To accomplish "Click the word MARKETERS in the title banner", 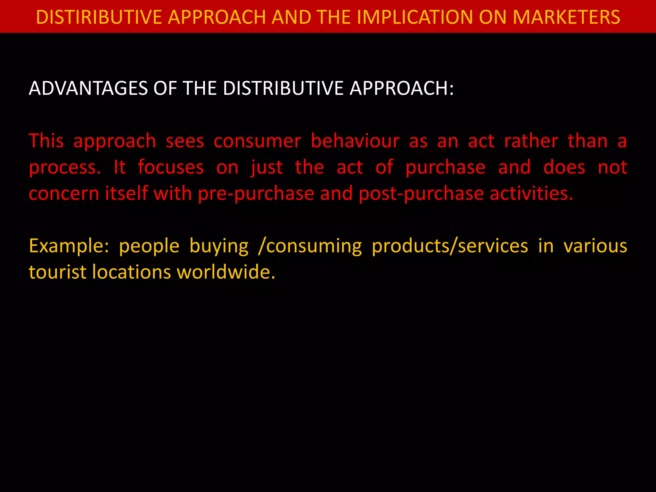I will pos(566,17).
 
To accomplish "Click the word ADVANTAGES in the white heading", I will pos(88,88).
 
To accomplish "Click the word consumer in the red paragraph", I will pos(257,141).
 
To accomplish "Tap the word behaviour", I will pos(355,141).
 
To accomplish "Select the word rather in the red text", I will pos(531,141).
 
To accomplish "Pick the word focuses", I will pos(171,168).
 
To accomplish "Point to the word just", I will pos(266,168).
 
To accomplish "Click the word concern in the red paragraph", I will pos(64,194).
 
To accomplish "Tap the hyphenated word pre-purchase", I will pos(256,194).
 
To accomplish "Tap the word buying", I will pos(219,246).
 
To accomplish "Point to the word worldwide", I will pos(226,272).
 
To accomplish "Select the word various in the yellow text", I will pos(595,246).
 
